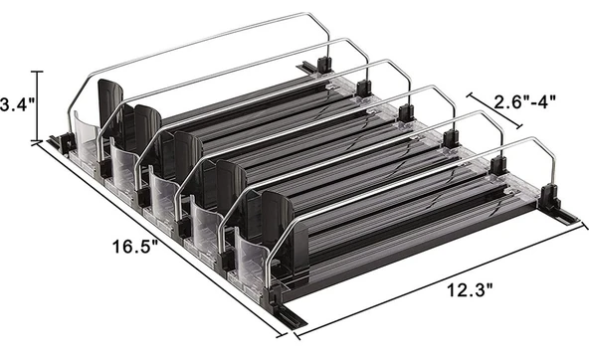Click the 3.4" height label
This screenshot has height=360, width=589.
click(x=18, y=103)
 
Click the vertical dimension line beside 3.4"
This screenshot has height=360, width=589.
click(x=40, y=105)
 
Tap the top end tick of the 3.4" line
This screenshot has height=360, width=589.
click(x=40, y=72)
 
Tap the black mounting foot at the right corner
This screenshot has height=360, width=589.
click(x=560, y=214)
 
